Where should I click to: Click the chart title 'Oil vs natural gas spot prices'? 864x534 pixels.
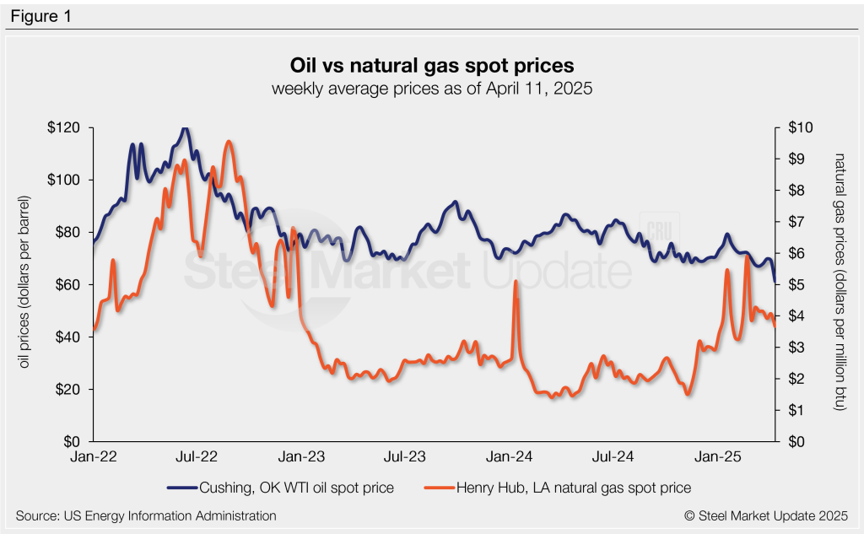pyautogui.click(x=432, y=65)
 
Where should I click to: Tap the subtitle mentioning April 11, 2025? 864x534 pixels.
pyautogui.click(x=432, y=89)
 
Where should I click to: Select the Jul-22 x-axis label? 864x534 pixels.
pyautogui.click(x=197, y=456)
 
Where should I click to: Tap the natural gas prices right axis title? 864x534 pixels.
pyautogui.click(x=839, y=283)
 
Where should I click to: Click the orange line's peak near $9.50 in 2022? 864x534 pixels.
pyautogui.click(x=229, y=142)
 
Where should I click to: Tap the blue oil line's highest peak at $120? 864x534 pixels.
pyautogui.click(x=185, y=128)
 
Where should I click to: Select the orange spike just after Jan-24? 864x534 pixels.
pyautogui.click(x=515, y=281)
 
